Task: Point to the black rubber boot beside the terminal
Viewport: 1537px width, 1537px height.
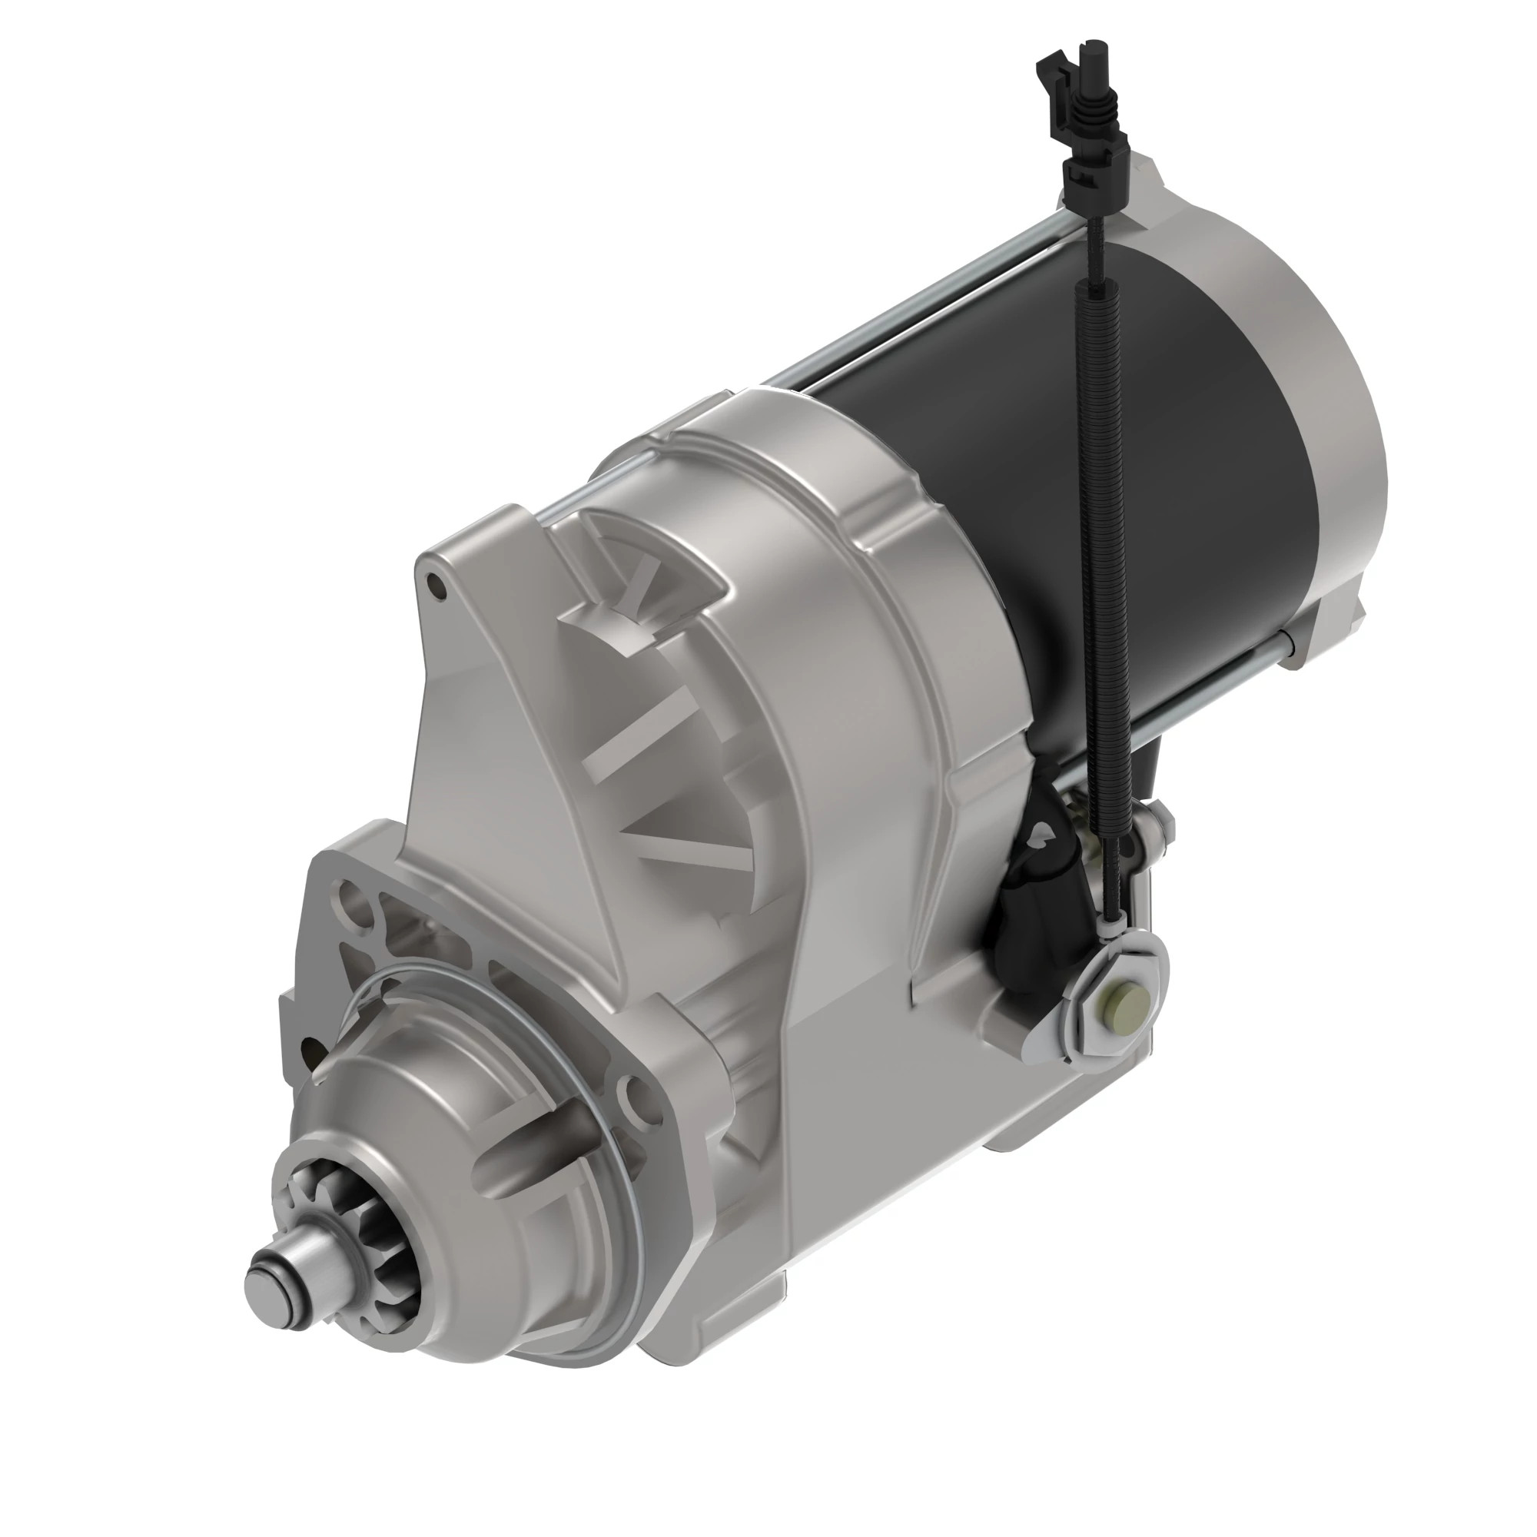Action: [1034, 899]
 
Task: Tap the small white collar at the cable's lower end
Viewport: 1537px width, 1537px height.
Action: [1114, 925]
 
